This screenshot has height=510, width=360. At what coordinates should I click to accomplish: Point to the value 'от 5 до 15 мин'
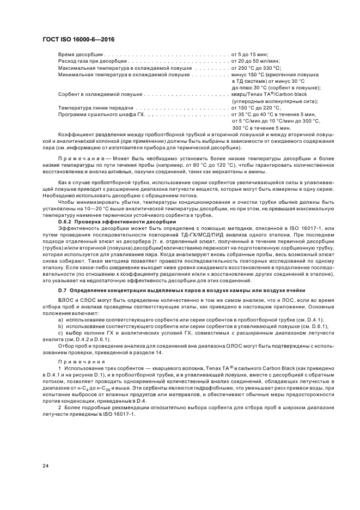[x=250, y=55]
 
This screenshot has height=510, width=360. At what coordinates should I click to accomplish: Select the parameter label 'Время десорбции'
[x=80, y=55]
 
